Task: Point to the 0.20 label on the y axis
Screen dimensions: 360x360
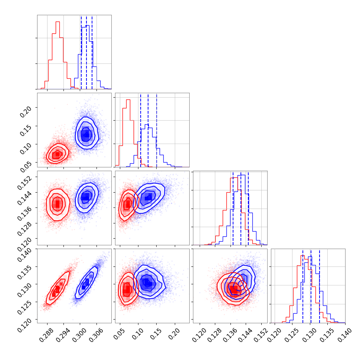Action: pyautogui.click(x=28, y=109)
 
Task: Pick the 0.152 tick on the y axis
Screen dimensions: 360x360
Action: pyautogui.click(x=28, y=179)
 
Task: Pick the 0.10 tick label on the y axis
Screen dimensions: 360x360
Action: pyautogui.click(x=28, y=145)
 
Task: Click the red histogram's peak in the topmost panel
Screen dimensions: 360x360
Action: pyautogui.click(x=58, y=22)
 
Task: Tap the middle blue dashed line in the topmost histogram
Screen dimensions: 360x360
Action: pyautogui.click(x=86, y=52)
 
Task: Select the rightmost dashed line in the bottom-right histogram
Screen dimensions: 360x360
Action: pyautogui.click(x=320, y=286)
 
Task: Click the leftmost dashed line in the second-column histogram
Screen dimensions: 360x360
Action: pyautogui.click(x=141, y=130)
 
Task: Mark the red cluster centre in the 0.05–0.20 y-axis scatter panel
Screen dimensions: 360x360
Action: pyautogui.click(x=56, y=154)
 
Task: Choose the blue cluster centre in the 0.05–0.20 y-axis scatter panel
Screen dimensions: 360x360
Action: pyautogui.click(x=86, y=134)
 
